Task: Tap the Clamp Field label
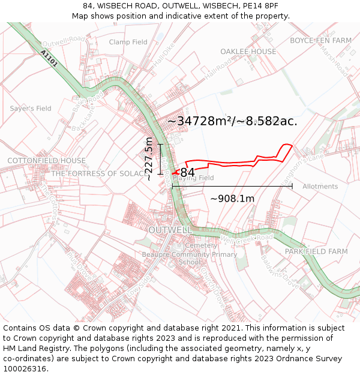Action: coord(128,42)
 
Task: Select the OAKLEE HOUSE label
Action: coord(248,52)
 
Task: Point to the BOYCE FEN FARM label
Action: coord(320,41)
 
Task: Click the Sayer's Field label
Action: coord(31,109)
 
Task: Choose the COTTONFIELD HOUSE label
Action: coord(46,161)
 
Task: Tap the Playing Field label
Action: coord(193,178)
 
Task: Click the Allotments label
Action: coord(320,187)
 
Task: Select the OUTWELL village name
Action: coord(170,230)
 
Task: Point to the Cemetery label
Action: coord(201,245)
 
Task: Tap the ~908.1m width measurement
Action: coord(232,199)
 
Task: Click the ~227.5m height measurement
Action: coord(149,159)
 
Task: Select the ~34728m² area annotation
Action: coord(232,121)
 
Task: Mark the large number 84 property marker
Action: coord(187,173)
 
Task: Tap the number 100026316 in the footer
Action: coord(25,369)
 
